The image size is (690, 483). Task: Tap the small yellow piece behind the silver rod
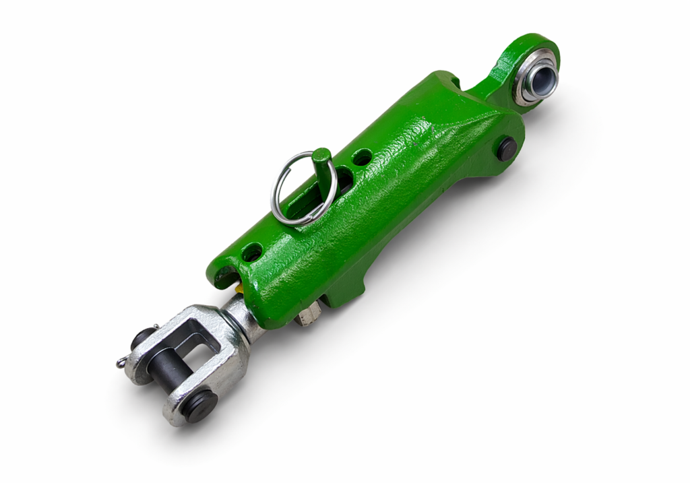click(x=239, y=288)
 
